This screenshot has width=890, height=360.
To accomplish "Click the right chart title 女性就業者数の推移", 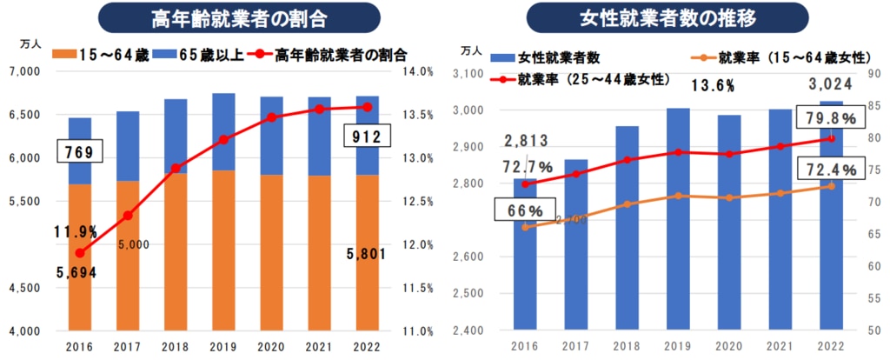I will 667,17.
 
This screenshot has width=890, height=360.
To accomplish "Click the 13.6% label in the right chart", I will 714,85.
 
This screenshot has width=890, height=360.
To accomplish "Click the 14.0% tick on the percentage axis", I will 420,71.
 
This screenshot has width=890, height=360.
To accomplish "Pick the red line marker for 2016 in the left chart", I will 80,253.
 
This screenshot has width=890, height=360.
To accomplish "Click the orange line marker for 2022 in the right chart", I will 830,186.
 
